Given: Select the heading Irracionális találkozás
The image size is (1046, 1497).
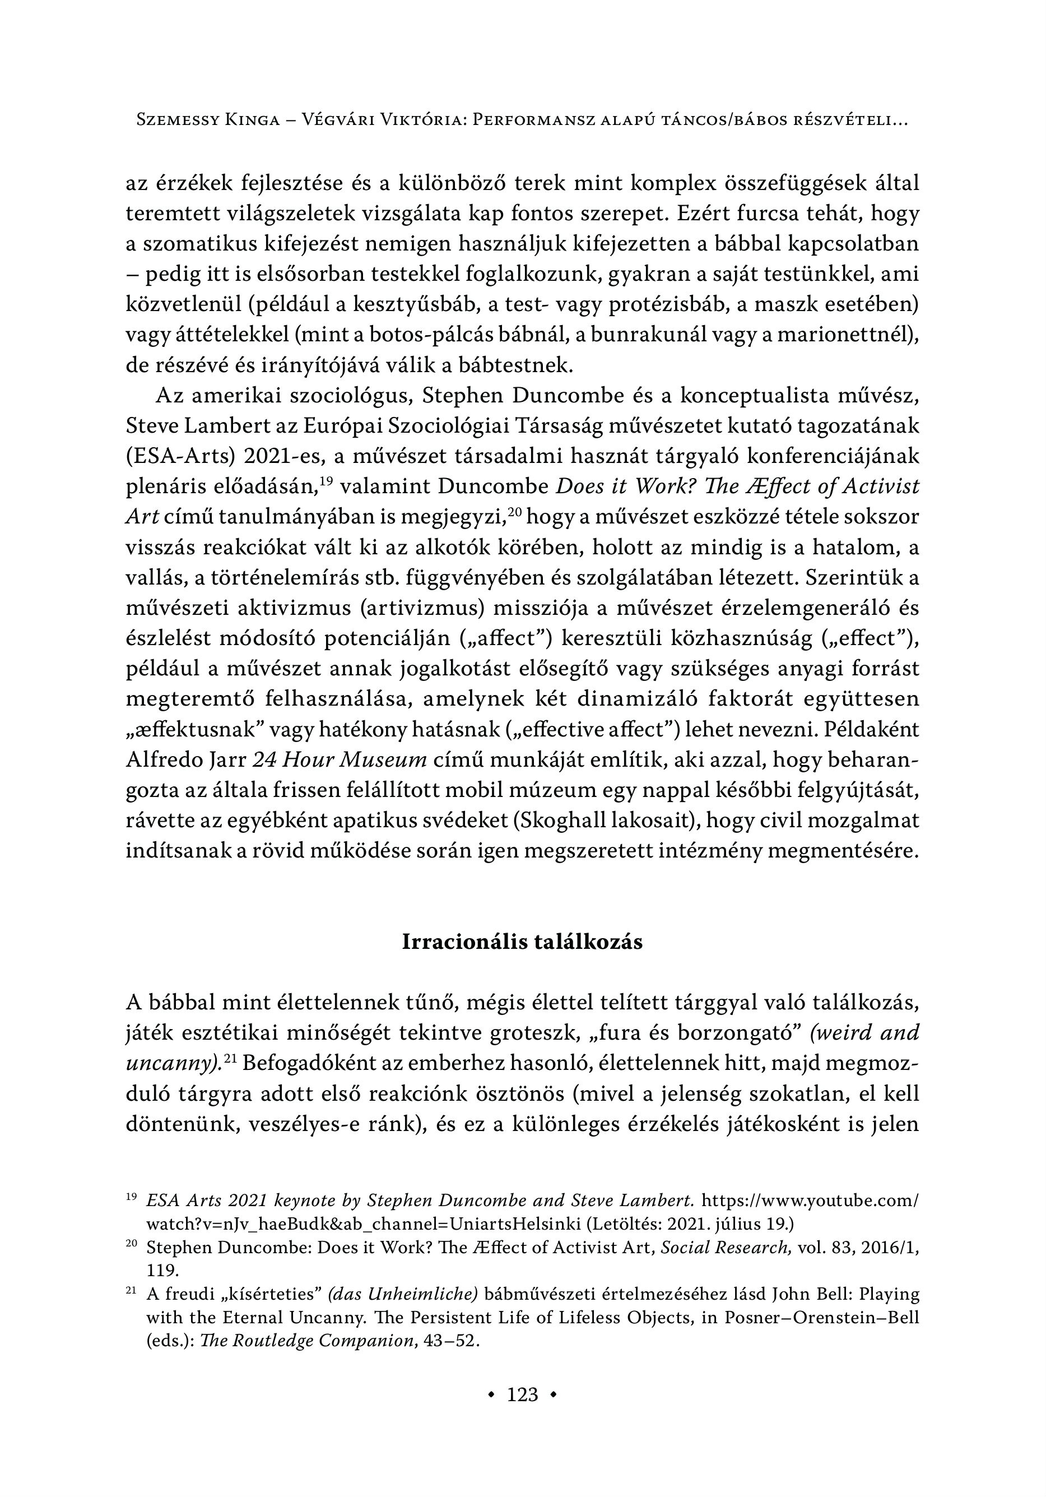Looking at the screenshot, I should pos(522,942).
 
